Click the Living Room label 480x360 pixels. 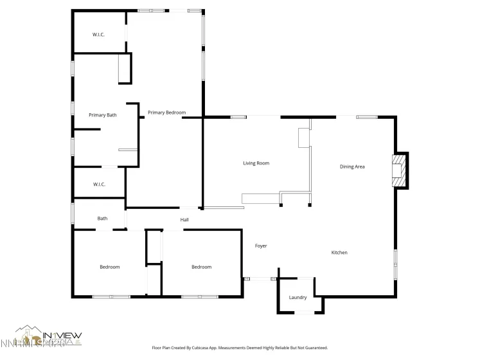pyautogui.click(x=256, y=163)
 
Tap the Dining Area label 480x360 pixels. pyautogui.click(x=352, y=166)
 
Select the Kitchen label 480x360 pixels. pyautogui.click(x=339, y=253)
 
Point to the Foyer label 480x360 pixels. pyautogui.click(x=261, y=246)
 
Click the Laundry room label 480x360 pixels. pyautogui.click(x=298, y=298)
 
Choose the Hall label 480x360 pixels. pyautogui.click(x=184, y=220)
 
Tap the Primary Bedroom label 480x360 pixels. pyautogui.click(x=166, y=113)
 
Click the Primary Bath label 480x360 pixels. pyautogui.click(x=103, y=115)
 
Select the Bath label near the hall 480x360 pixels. pyautogui.click(x=103, y=219)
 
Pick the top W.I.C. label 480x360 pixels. pyautogui.click(x=98, y=35)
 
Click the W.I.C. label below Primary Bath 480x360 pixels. pyautogui.click(x=99, y=184)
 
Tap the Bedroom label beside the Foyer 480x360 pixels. pyautogui.click(x=201, y=267)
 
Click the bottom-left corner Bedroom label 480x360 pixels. pyautogui.click(x=109, y=267)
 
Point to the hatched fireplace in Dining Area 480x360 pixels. pyautogui.click(x=400, y=170)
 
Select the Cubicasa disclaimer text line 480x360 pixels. pyautogui.click(x=240, y=347)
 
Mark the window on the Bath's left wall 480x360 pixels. pyautogui.click(x=73, y=212)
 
